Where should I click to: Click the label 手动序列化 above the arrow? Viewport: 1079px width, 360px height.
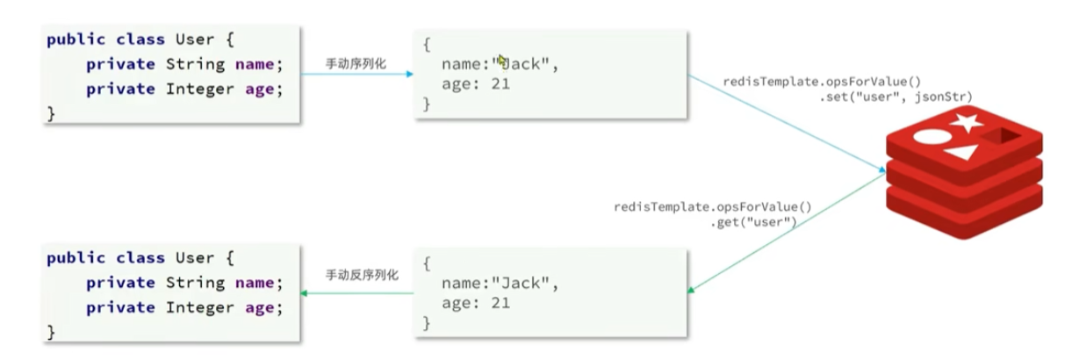pyautogui.click(x=355, y=62)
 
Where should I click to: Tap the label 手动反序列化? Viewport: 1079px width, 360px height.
pyautogui.click(x=362, y=275)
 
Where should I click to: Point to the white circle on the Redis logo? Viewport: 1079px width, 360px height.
pyautogui.click(x=932, y=138)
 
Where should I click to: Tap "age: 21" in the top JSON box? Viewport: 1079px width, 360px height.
pyautogui.click(x=476, y=85)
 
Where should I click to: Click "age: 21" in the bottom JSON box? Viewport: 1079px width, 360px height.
pyautogui.click(x=476, y=303)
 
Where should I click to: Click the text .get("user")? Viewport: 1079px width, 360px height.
pyautogui.click(x=753, y=222)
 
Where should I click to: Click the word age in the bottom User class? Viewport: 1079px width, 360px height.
pyautogui.click(x=260, y=307)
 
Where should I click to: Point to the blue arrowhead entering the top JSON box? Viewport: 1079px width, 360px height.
pyautogui.click(x=409, y=74)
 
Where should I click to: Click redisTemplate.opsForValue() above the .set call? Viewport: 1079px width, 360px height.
pyautogui.click(x=822, y=81)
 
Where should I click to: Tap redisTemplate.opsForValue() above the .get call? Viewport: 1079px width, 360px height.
pyautogui.click(x=712, y=207)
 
